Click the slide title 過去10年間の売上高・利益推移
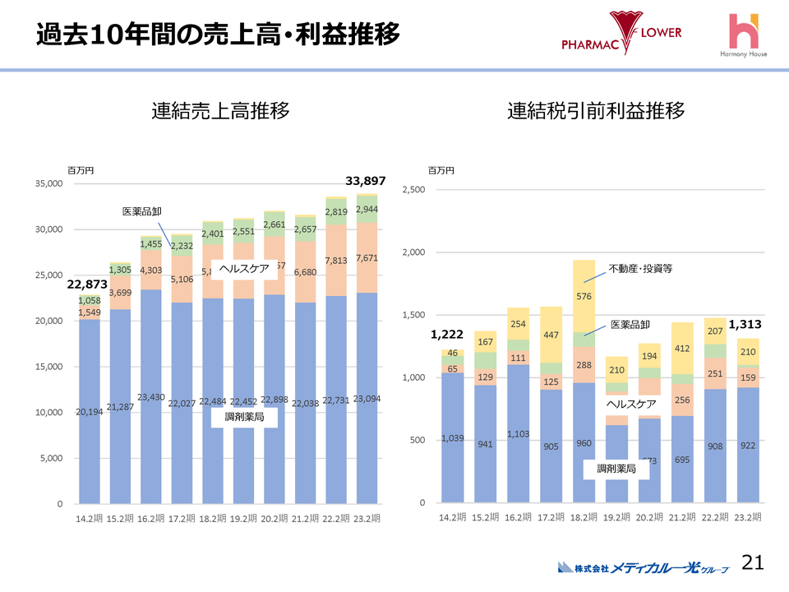pos(218,35)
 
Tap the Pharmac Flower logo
pos(621,35)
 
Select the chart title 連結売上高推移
pos(220,112)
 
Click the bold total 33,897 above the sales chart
pos(364,181)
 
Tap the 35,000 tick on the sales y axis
pos(48,184)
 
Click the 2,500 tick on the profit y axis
pos(413,190)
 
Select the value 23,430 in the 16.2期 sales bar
pos(151,397)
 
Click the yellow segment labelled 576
pos(584,296)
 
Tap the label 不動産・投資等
pos(640,268)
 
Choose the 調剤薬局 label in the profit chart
pos(614,468)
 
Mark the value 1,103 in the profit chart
pos(519,433)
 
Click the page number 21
pos(753,562)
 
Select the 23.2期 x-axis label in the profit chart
pos(747,517)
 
